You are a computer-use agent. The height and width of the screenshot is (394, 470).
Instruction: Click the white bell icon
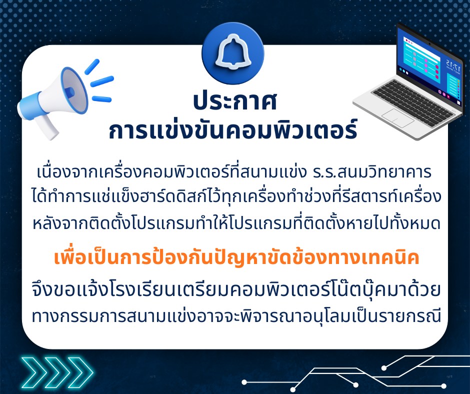tap(232, 51)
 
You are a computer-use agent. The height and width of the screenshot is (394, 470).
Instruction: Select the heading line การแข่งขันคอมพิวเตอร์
tap(233, 130)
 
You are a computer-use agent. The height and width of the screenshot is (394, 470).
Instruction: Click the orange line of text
tap(236, 257)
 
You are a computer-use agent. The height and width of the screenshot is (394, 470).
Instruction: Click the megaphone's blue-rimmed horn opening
tap(74, 90)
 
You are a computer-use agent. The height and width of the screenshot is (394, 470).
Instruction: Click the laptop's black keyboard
tap(412, 102)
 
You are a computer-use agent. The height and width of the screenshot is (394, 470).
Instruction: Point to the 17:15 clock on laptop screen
tap(453, 65)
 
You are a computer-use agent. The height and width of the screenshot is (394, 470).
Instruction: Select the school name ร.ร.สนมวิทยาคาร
tap(372, 172)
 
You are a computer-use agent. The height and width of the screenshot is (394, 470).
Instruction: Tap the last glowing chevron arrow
tap(80, 372)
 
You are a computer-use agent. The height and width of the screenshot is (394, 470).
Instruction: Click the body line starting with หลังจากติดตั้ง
tap(236, 223)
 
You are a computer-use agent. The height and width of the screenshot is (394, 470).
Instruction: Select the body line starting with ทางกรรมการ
tap(236, 315)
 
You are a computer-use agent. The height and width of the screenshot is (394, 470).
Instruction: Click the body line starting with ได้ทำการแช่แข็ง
tap(236, 196)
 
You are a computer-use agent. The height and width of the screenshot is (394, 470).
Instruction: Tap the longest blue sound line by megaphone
tap(102, 81)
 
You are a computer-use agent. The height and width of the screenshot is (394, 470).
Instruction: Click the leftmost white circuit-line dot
tap(244, 382)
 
